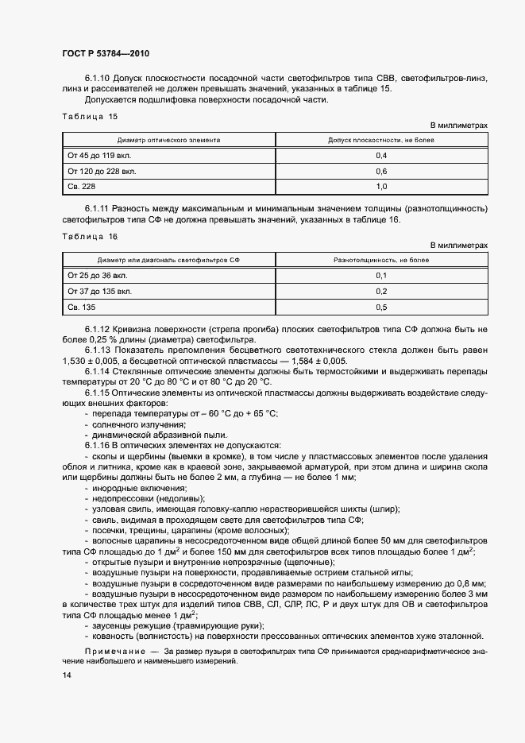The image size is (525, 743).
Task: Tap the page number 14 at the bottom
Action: [x=66, y=675]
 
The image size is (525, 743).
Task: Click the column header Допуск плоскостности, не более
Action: [x=380, y=139]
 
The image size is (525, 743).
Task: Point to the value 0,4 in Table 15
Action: [x=380, y=156]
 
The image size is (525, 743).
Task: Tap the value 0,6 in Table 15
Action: [x=380, y=172]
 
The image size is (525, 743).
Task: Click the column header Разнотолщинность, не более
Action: [x=380, y=260]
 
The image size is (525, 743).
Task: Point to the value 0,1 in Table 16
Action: [x=380, y=276]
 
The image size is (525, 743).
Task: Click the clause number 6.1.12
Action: [x=99, y=329]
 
